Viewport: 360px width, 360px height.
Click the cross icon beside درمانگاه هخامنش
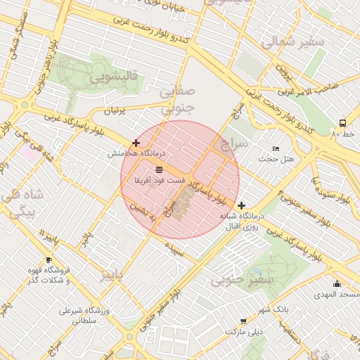(x=136, y=143)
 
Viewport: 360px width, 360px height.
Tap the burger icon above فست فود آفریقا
(x=160, y=169)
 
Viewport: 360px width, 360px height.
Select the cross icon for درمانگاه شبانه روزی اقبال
(x=242, y=205)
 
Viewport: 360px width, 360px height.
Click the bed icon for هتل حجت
(x=276, y=148)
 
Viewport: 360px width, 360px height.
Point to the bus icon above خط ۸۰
(x=342, y=122)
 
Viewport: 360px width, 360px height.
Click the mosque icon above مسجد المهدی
(x=337, y=284)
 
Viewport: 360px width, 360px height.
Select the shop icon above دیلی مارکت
(x=243, y=321)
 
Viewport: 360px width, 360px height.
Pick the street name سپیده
(x=174, y=248)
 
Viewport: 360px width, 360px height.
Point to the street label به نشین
(x=142, y=215)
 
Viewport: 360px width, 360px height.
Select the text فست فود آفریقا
(x=160, y=181)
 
